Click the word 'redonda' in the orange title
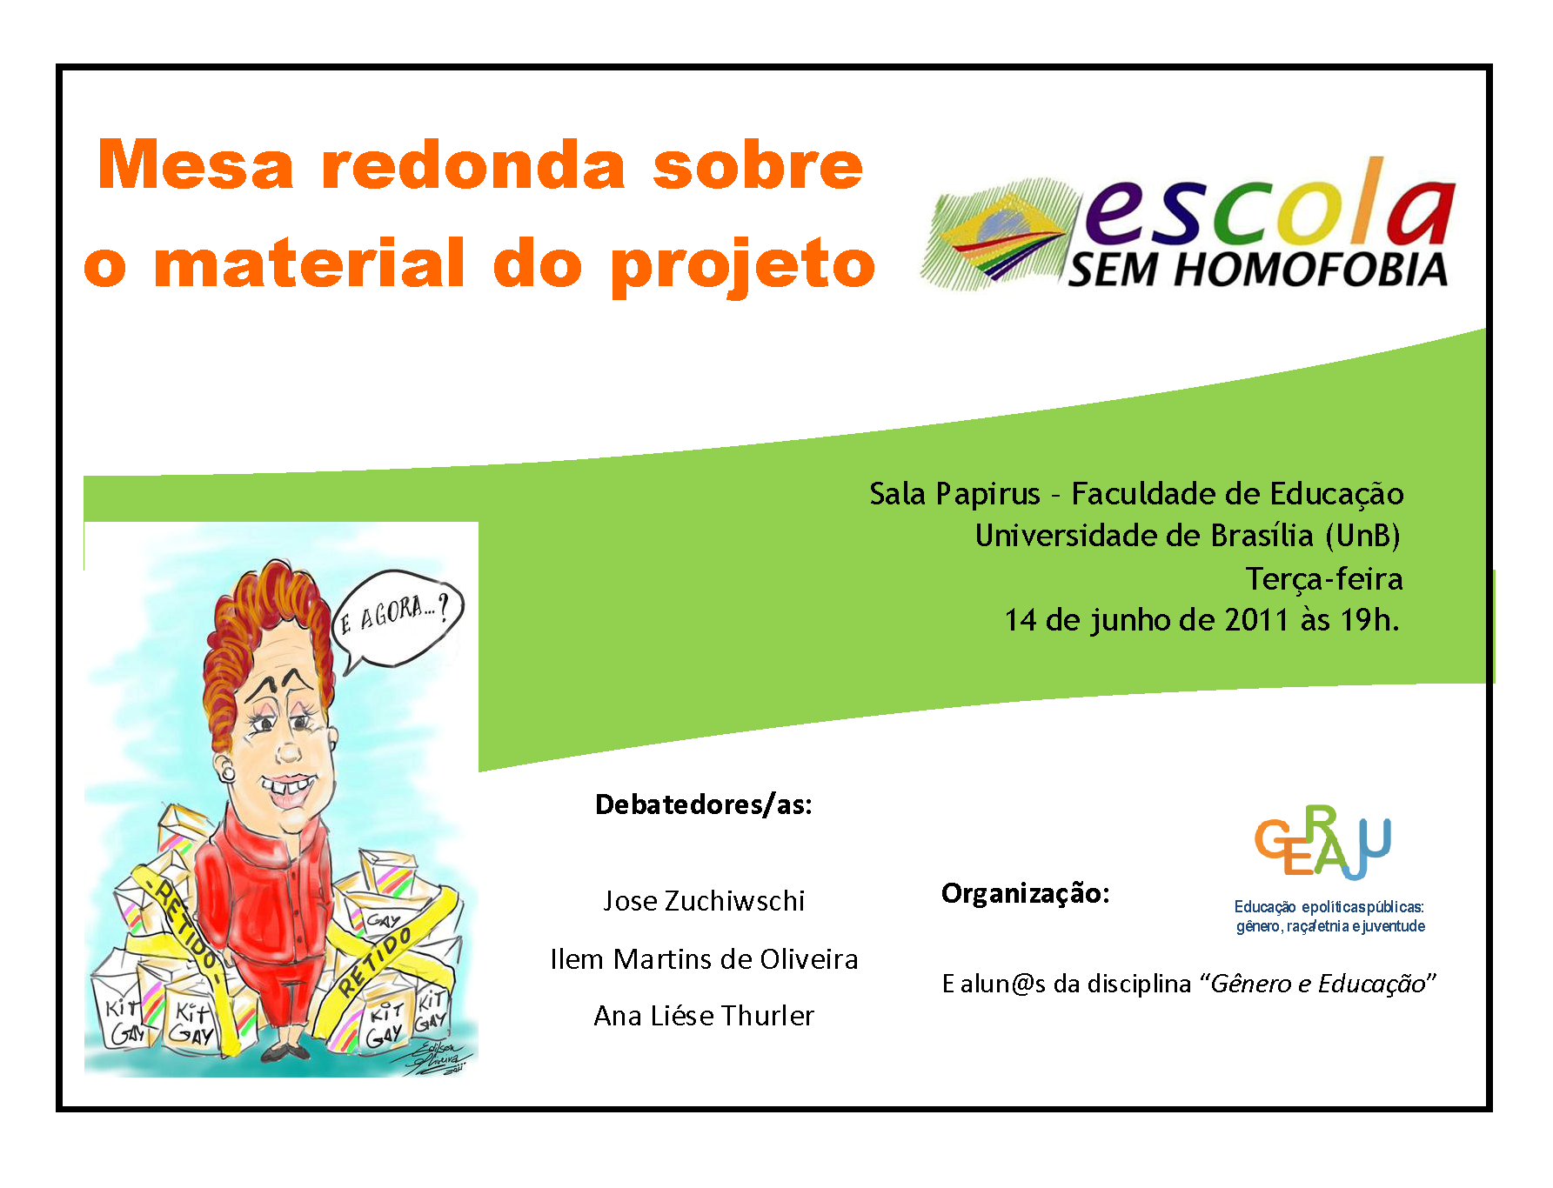[x=473, y=165]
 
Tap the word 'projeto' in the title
[x=743, y=265]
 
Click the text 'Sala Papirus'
[x=954, y=494]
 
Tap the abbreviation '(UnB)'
[x=1362, y=536]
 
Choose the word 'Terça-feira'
[x=1324, y=578]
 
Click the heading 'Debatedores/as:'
[x=703, y=804]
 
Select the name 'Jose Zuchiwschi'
[x=704, y=901]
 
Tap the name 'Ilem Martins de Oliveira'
[x=704, y=958]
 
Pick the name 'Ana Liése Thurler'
[x=704, y=1016]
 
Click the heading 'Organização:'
[x=1026, y=894]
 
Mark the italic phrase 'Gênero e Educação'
[x=1318, y=984]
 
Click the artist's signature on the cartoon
[x=442, y=1056]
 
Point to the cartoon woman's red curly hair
[x=261, y=626]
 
